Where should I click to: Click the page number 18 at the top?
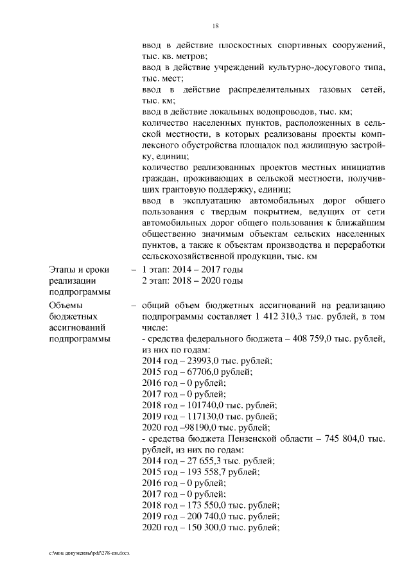tap(216, 26)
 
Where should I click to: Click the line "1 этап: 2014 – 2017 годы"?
tap(193, 270)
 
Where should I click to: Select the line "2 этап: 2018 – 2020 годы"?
tap(193, 281)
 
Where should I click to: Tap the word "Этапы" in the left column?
tap(61, 270)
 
